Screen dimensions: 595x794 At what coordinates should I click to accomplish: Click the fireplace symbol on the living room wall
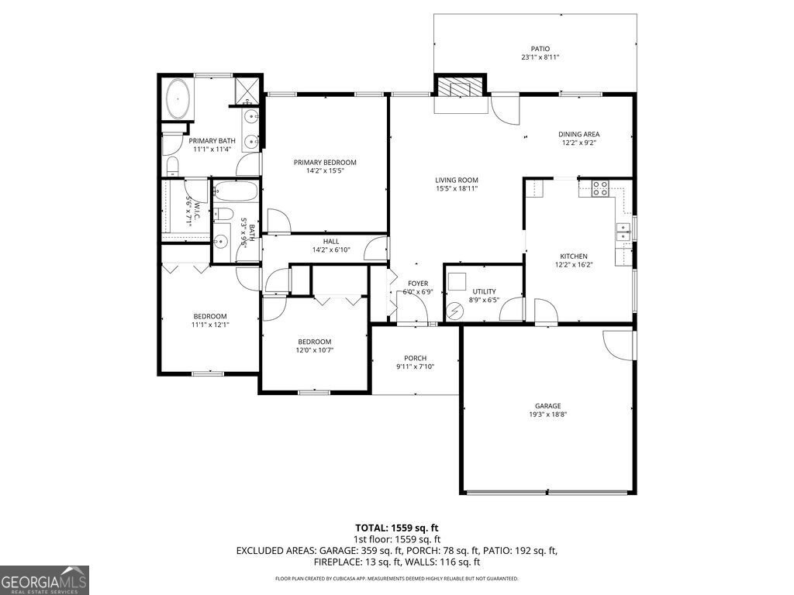tap(460, 86)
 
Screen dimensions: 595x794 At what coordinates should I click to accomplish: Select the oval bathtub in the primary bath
tap(179, 98)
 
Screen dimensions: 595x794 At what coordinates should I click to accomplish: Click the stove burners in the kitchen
tap(601, 188)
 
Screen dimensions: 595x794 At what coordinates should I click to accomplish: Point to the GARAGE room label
tap(547, 406)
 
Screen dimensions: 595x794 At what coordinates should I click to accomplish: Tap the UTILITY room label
tap(485, 291)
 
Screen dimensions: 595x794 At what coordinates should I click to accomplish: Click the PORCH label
tap(415, 358)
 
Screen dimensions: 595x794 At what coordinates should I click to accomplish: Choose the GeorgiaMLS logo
tap(44, 580)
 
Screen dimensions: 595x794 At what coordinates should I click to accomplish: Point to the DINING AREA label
tap(579, 134)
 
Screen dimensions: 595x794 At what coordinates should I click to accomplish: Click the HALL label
tap(320, 241)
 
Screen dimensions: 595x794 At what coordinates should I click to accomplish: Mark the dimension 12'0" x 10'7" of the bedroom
tap(315, 351)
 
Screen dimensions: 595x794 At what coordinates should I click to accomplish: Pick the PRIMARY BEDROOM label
tap(325, 162)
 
